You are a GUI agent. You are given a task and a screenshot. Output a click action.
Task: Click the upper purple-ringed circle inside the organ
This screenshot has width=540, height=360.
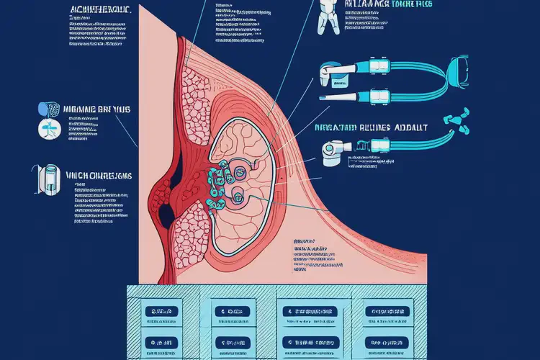tap(238, 171)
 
